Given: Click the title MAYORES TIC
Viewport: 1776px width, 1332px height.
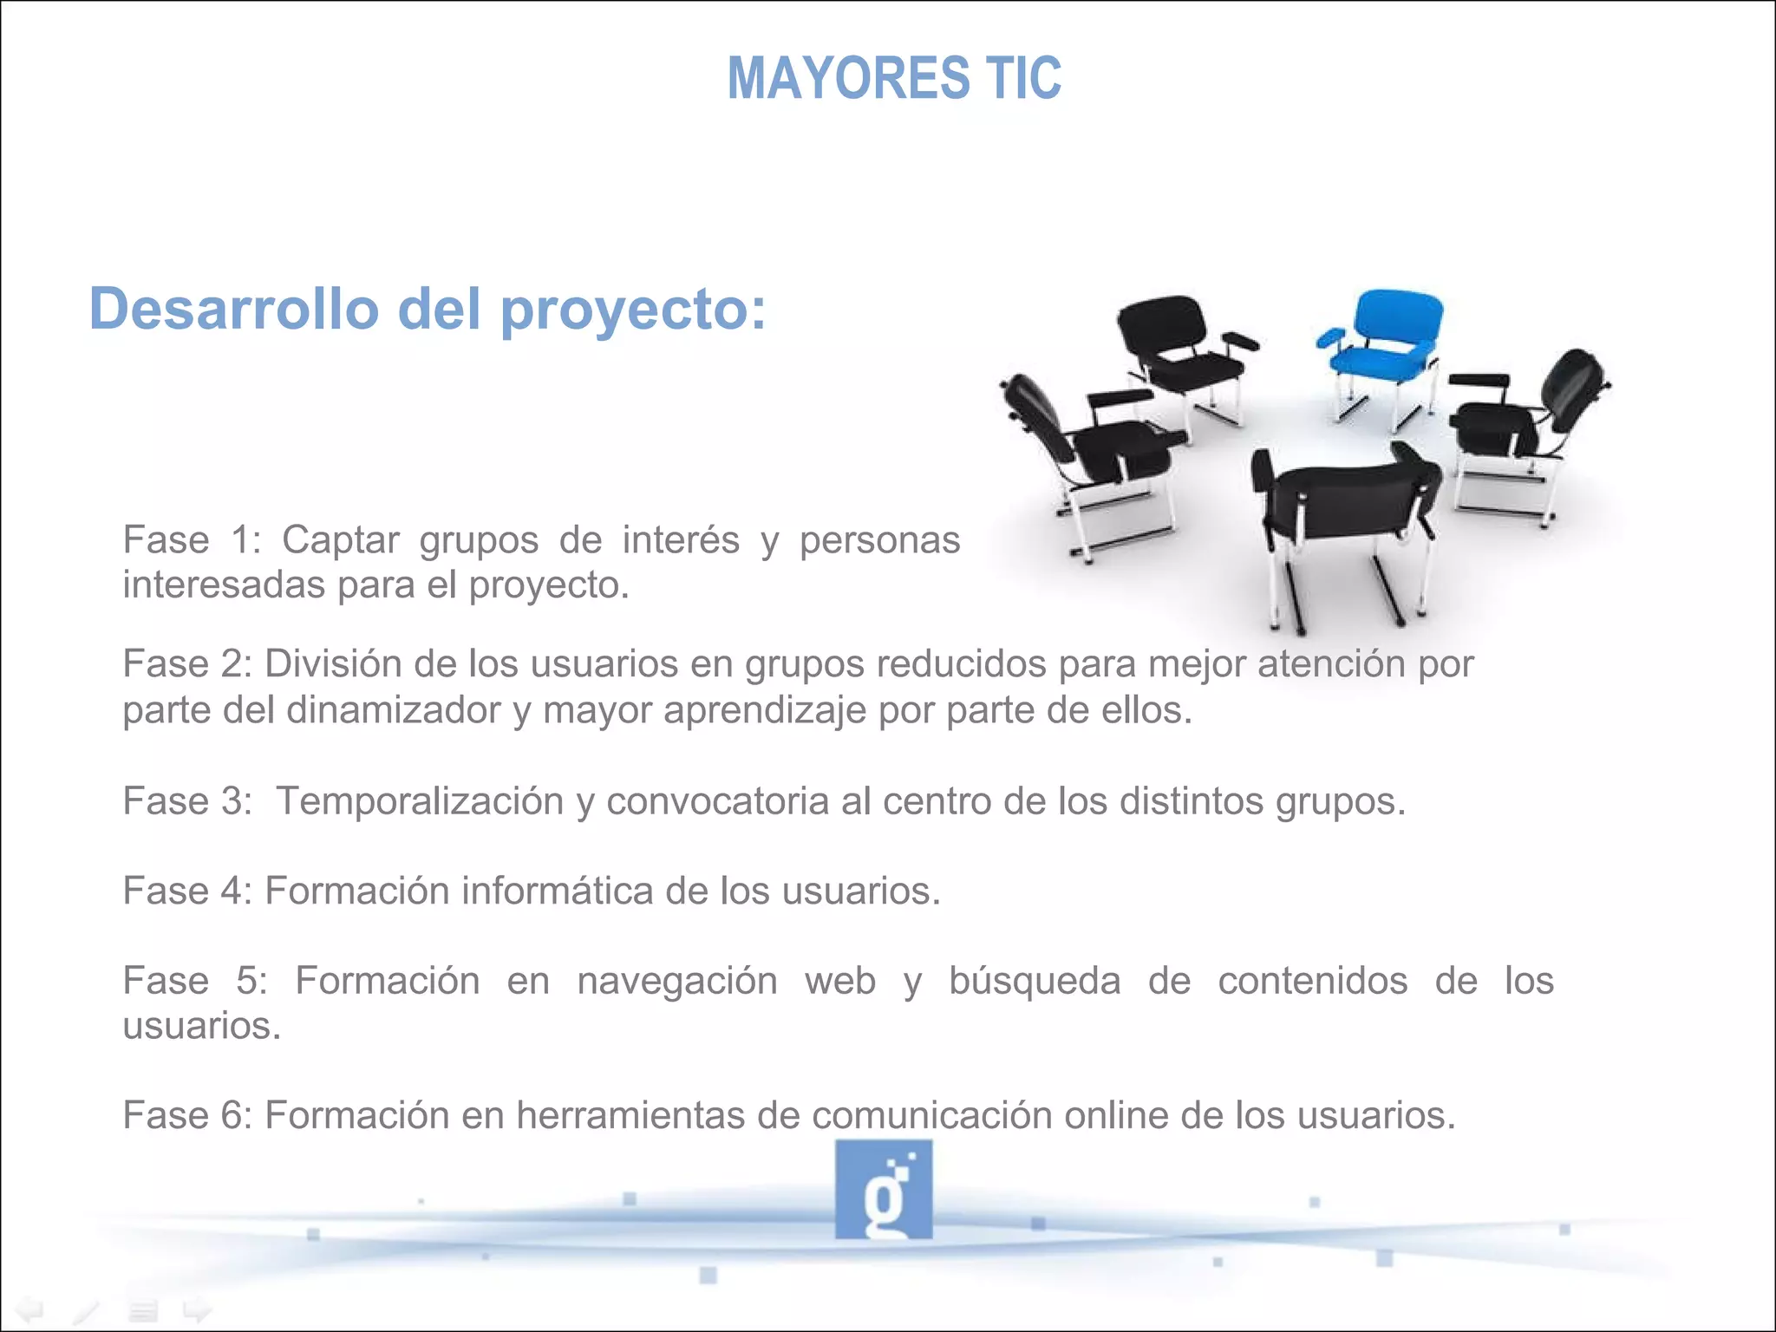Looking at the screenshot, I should click(894, 78).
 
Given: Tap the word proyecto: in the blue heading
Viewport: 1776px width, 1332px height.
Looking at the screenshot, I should click(634, 310).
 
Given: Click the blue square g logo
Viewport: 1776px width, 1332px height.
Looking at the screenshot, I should click(884, 1189).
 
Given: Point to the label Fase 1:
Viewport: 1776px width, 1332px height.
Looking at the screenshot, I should click(192, 540).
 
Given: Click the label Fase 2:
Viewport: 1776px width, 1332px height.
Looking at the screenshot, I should click(187, 664).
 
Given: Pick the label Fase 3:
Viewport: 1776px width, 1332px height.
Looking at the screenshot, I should click(187, 801).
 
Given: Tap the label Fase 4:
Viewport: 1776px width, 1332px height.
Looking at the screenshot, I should click(187, 891).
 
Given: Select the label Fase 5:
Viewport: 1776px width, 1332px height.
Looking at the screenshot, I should click(195, 982).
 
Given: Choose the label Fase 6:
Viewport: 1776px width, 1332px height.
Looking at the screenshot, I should click(187, 1116).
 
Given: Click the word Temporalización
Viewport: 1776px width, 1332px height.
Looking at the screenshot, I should click(420, 801).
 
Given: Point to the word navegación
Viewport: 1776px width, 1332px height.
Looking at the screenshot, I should click(677, 982).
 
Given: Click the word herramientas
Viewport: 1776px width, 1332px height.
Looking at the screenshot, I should click(630, 1116).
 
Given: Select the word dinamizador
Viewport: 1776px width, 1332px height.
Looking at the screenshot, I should click(394, 711).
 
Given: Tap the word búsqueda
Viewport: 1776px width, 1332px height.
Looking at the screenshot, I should click(1035, 982).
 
